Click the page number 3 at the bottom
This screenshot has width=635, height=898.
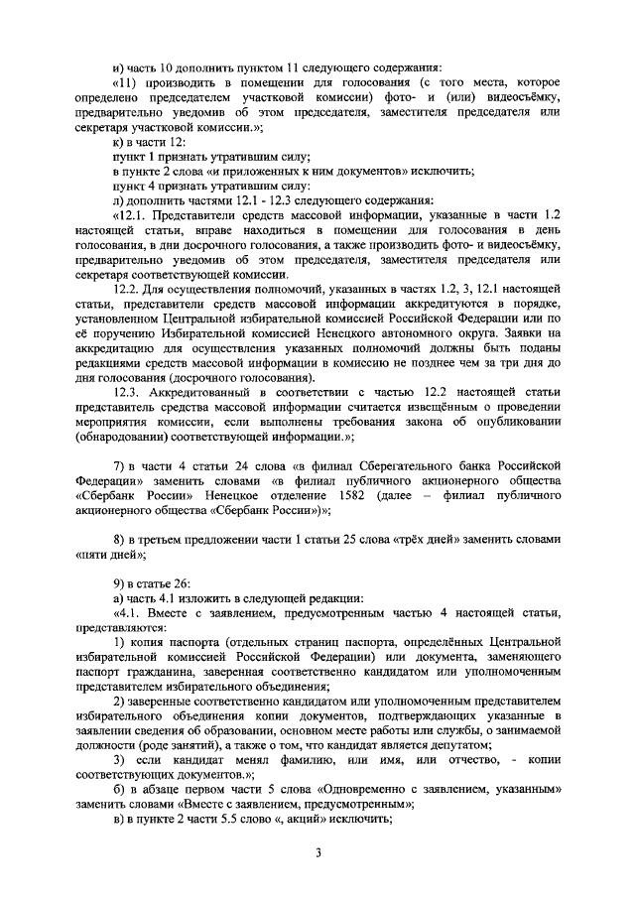pyautogui.click(x=317, y=852)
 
